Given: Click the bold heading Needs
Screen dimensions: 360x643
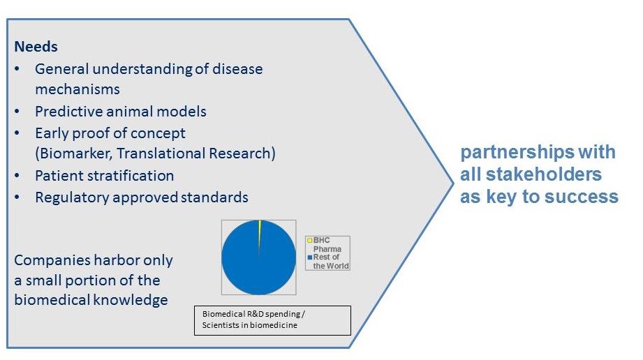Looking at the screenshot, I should [36, 47].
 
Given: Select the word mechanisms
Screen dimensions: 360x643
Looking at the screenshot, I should [77, 89].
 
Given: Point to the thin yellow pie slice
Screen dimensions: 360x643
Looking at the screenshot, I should [259, 230].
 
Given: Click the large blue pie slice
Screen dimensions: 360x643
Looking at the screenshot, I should [258, 262].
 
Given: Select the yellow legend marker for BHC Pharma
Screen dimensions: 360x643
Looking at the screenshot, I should [310, 241].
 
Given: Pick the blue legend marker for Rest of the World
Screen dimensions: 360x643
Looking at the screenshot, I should [310, 257].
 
